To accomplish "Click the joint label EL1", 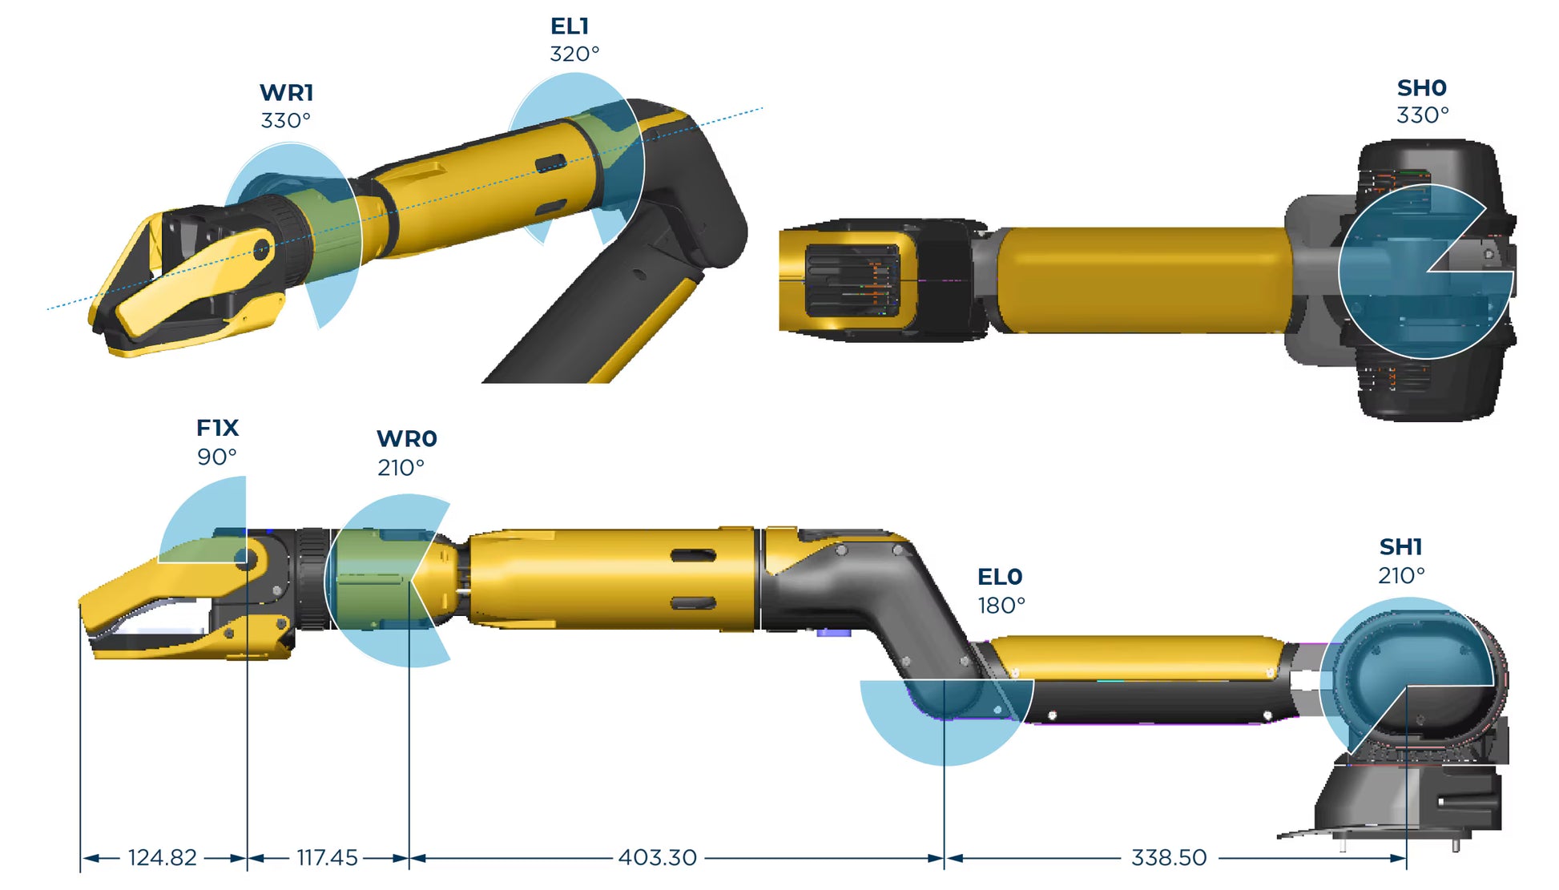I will coord(569,26).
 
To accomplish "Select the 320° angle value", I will coord(574,54).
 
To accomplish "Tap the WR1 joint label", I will coord(286,93).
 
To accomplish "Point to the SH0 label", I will coord(1421,88).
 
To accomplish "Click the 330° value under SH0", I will coord(1422,115).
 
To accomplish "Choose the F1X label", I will coord(217,428).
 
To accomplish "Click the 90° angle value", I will coord(216,457).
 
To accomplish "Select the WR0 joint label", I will coord(406,439).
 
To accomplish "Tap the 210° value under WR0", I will coord(401,468).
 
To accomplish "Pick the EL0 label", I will coord(999,577).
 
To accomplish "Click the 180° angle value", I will coord(1001,606).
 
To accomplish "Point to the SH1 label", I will coord(1400,547).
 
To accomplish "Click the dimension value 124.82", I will coord(162,858).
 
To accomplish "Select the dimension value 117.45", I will coord(327,858).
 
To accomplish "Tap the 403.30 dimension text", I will coord(657,858).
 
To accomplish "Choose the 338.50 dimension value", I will coord(1168,858).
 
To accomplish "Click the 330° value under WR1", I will coord(285,121).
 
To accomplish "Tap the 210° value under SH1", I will coord(1400,576).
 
